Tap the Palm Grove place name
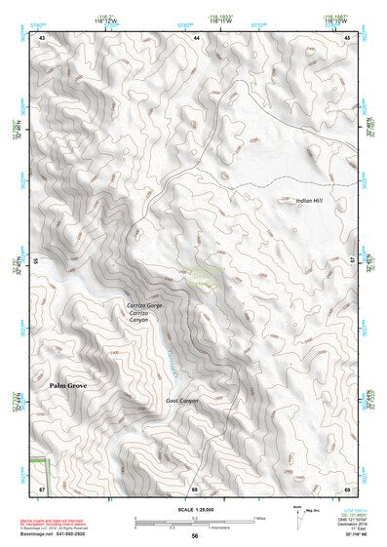click(71, 387)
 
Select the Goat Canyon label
click(182, 401)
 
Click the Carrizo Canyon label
click(145, 316)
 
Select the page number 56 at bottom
click(194, 536)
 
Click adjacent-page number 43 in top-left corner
click(43, 37)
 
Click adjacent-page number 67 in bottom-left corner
click(43, 488)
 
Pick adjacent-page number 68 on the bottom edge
click(195, 488)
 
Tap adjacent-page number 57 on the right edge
click(347, 260)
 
